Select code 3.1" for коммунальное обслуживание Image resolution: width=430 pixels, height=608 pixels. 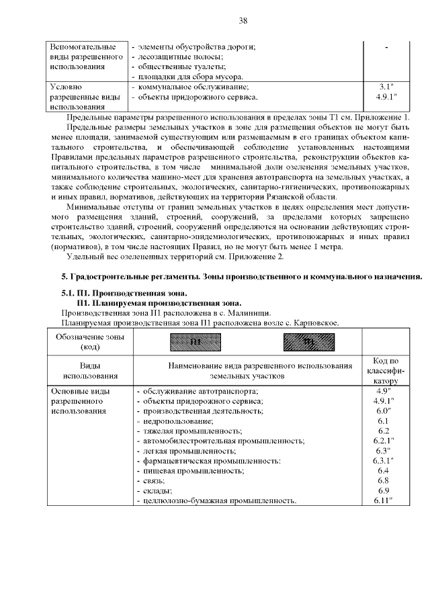click(x=386, y=87)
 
